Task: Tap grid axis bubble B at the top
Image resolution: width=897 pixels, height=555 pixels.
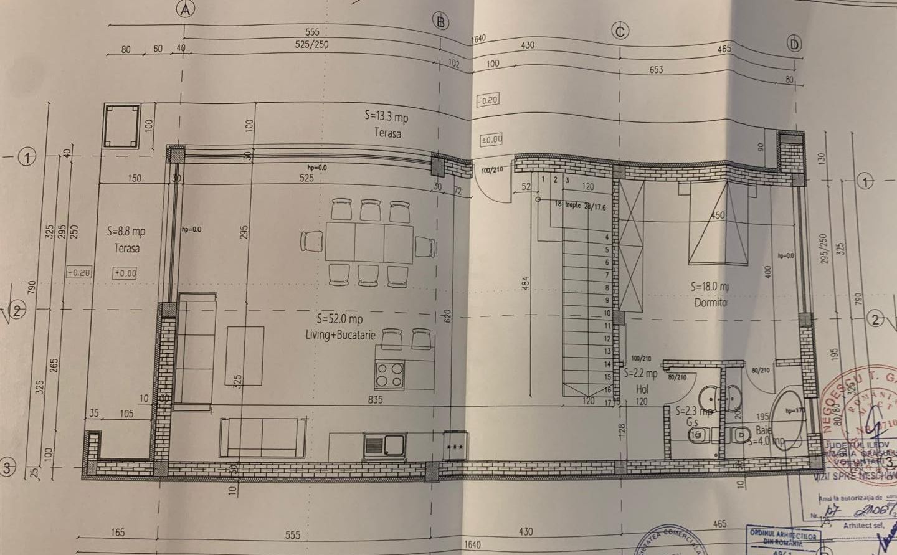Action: coord(441,22)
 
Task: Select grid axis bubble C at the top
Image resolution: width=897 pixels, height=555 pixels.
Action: coord(620,31)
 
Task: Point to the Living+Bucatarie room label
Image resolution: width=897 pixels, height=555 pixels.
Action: coord(341,334)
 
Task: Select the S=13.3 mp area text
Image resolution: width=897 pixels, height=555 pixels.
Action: coord(386,116)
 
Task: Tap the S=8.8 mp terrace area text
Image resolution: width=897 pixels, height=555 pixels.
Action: coord(126,231)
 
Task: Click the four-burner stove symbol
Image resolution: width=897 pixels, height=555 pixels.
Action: coord(389,376)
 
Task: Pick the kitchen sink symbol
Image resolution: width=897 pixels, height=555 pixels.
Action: coord(384,445)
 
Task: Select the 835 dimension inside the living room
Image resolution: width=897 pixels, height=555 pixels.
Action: coord(375,400)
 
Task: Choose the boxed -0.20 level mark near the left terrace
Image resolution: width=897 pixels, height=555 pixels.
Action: coord(79,272)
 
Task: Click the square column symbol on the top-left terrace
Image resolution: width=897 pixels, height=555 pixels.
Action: coord(121,126)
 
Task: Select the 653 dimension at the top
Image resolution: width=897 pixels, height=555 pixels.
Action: coord(656,70)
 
